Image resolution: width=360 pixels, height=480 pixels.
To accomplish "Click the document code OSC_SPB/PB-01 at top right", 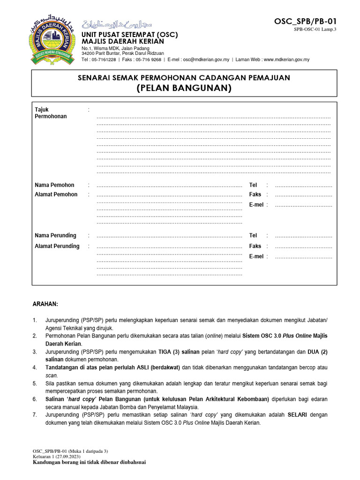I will [305, 21].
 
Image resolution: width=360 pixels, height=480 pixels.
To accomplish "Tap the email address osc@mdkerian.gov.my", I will [206, 60].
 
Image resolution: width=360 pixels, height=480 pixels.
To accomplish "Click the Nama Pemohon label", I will [54, 185].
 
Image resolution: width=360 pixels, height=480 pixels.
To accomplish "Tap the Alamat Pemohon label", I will [56, 195].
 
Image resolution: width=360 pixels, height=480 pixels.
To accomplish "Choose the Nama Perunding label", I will [55, 235].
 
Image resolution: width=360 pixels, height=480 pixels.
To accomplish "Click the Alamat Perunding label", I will [57, 246].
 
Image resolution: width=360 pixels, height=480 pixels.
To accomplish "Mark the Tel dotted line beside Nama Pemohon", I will [303, 186].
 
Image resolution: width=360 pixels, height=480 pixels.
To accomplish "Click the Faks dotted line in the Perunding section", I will [303, 247].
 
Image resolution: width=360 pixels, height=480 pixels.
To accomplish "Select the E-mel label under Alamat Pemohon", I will [256, 205].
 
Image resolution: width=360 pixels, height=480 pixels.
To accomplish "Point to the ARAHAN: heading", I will [45, 304].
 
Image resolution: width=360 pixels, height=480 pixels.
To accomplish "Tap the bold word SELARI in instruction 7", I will [297, 415].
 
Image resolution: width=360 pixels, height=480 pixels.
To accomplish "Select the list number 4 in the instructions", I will [34, 367].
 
